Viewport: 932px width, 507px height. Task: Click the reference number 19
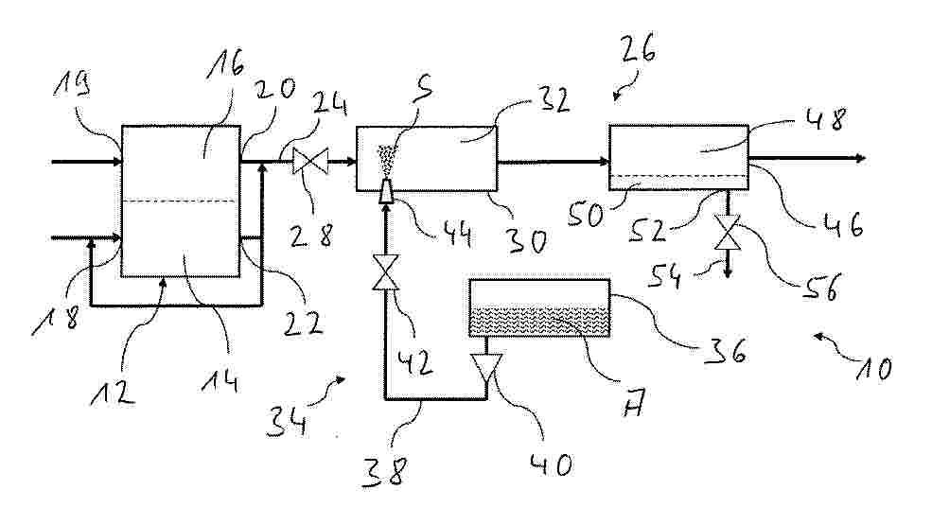[73, 84]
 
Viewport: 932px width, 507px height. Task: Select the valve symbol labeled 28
[310, 161]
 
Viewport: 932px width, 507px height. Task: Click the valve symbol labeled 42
[385, 272]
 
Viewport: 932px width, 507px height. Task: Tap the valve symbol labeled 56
[727, 233]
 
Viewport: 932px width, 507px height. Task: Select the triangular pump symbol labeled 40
[486, 367]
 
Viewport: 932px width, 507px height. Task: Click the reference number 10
[872, 369]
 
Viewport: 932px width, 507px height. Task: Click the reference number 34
[287, 422]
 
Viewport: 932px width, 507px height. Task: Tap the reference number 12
[113, 392]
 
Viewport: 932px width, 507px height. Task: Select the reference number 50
[586, 215]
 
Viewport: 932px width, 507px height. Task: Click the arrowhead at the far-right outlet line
[860, 158]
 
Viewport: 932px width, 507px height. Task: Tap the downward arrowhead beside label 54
[727, 272]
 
